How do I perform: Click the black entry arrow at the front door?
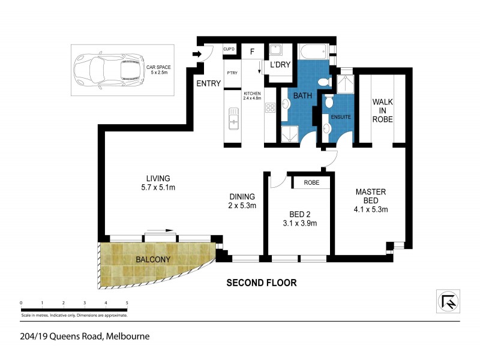(x=196, y=55)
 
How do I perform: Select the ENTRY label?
(x=208, y=84)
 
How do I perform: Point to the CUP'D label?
(x=229, y=49)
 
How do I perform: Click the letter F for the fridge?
(x=253, y=52)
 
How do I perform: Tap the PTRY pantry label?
(x=232, y=73)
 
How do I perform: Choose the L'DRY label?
(x=280, y=64)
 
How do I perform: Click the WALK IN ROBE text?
(x=382, y=110)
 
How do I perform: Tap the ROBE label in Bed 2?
(x=311, y=182)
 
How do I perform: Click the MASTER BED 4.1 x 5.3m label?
(x=370, y=200)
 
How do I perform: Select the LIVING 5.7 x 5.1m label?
(x=158, y=183)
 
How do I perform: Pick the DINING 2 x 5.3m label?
(x=242, y=201)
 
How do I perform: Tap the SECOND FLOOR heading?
(x=261, y=282)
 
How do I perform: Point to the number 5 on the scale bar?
(x=127, y=303)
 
